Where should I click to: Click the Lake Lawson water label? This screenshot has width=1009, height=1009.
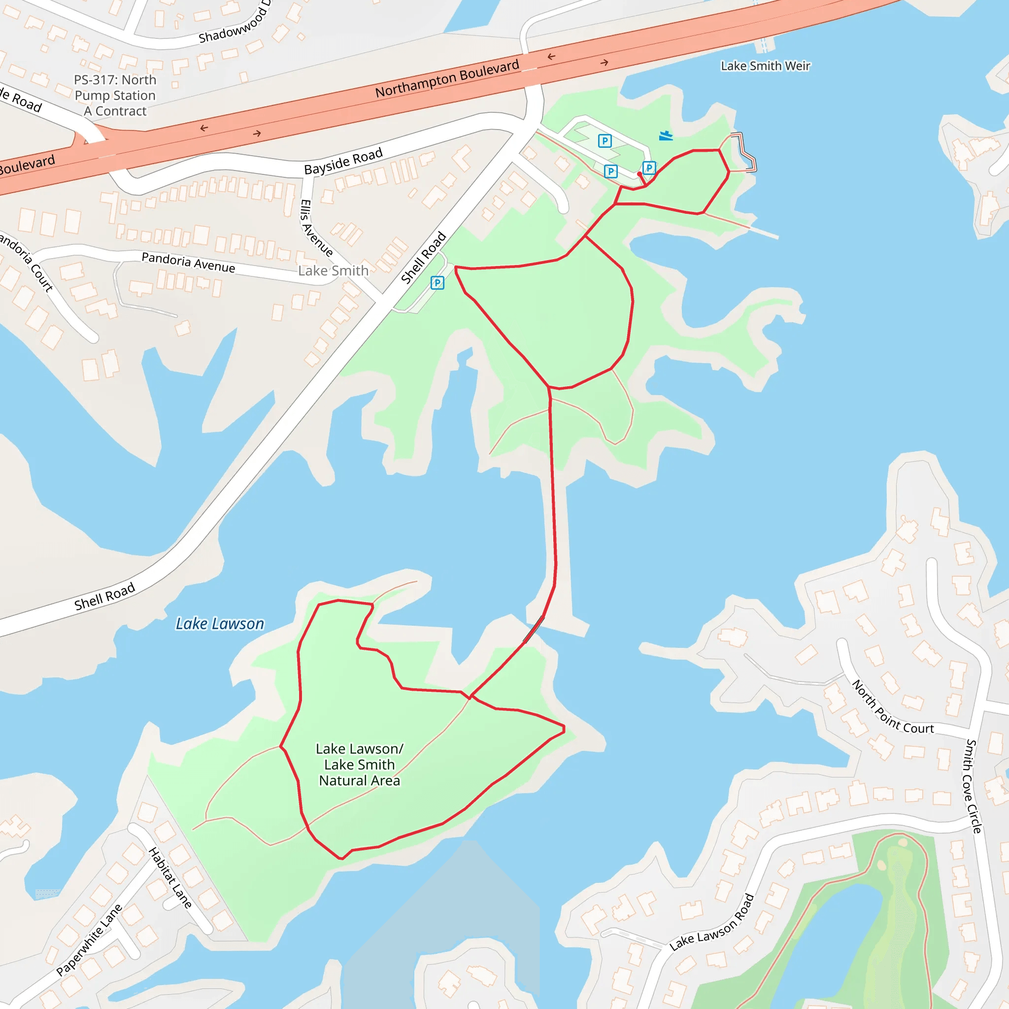tap(219, 624)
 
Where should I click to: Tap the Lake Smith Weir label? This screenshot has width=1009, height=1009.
tap(765, 66)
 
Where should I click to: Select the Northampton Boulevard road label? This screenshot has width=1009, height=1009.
tap(447, 79)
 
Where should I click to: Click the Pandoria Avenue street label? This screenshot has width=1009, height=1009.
tap(188, 262)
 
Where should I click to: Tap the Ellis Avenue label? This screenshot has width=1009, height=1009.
tap(316, 228)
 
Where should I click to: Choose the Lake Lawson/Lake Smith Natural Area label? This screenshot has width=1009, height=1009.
tap(359, 765)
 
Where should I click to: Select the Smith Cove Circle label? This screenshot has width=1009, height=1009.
tap(974, 786)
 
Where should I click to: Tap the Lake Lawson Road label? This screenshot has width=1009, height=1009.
tap(712, 922)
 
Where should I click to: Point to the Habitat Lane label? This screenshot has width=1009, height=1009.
tap(170, 878)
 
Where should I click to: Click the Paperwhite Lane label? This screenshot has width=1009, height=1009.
tap(89, 940)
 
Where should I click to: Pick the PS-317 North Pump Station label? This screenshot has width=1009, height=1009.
tap(115, 95)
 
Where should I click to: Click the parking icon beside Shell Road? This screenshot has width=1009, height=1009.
tap(437, 283)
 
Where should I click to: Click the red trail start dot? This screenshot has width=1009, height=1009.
tap(639, 174)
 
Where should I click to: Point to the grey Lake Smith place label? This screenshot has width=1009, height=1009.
tap(333, 270)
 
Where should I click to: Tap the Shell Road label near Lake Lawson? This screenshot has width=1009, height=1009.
tap(104, 597)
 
